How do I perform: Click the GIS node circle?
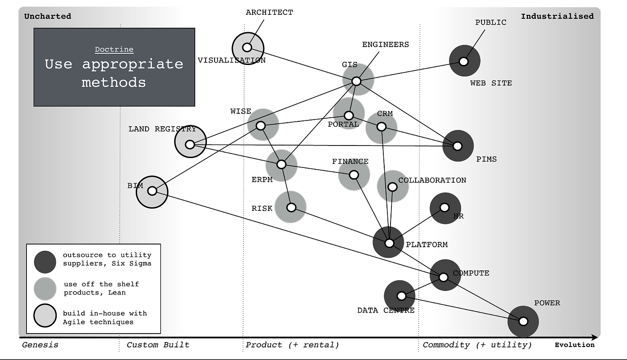tap(356, 81)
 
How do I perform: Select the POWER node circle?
tap(523, 321)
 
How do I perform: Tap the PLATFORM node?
tap(389, 243)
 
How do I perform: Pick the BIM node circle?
tap(152, 191)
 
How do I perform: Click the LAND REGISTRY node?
tap(190, 144)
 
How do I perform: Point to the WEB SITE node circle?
tap(464, 61)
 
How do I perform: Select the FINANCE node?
tap(354, 174)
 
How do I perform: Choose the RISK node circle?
tap(291, 207)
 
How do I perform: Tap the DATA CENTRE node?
tap(401, 296)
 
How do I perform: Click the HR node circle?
tap(445, 207)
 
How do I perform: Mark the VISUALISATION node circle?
tap(247, 47)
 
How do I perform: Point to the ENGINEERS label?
tap(385, 45)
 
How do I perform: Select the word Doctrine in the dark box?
tap(114, 50)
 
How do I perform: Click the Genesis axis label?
tap(40, 345)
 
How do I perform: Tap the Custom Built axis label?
tap(158, 345)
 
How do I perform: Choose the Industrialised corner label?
tap(557, 16)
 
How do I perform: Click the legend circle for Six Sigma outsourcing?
tap(45, 261)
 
